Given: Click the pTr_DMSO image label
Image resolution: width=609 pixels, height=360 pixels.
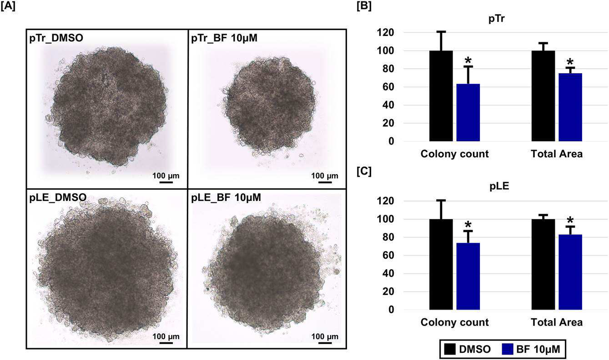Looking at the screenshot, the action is pos(56,38).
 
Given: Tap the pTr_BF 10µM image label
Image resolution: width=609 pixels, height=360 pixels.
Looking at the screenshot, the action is pos(224,38).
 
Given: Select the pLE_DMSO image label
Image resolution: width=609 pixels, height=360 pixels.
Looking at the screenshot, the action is pos(58,197).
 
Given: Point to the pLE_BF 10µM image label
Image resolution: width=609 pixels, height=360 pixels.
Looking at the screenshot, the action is pos(226,197).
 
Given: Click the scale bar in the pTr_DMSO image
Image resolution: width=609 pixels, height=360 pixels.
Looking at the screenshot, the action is pos(166,182).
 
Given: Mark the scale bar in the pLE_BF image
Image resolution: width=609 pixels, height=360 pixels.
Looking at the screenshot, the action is pos(325,343).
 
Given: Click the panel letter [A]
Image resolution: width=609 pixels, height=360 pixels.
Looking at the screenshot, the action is pos(8,6).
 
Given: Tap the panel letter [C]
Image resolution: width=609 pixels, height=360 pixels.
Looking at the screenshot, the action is pos(364,172).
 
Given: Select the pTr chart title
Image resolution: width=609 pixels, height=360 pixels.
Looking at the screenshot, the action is pos(497,19).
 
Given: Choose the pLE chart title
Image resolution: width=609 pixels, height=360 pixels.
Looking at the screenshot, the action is pos(499,186).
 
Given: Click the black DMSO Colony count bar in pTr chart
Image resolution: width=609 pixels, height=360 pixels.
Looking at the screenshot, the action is pos(441,96).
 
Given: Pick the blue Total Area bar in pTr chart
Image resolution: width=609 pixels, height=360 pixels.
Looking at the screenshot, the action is pos(570,107).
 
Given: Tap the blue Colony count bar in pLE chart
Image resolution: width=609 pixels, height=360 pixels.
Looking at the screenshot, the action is pos(468,276).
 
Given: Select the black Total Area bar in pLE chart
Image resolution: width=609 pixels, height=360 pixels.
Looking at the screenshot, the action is pos(543,265).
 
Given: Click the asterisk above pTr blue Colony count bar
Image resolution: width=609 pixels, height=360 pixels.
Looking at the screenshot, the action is pos(468,60).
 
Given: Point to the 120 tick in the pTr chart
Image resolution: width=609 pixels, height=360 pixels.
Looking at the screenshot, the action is pos(386,33).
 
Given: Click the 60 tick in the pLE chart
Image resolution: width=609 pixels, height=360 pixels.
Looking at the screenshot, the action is pos(388,255).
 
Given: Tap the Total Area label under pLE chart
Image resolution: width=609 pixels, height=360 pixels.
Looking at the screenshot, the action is pos(557,322).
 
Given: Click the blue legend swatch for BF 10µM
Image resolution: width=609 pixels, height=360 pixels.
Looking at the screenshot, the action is pos(507,349).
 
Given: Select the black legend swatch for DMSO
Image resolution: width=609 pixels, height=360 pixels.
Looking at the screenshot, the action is pos(450,349).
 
